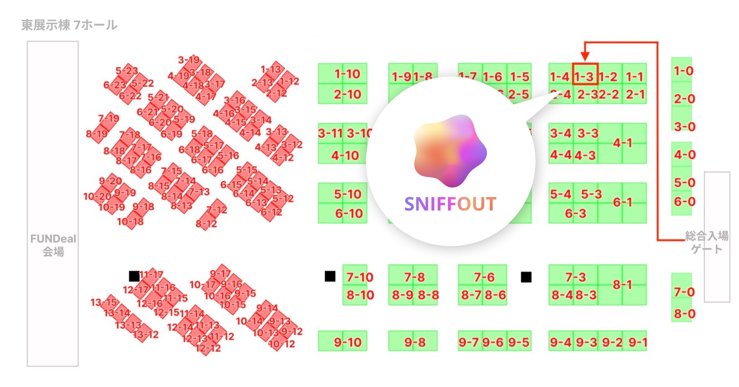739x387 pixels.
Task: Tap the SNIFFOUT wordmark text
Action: [x=450, y=204]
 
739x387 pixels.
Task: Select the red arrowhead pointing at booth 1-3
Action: [x=585, y=56]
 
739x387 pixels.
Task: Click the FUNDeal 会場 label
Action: [x=53, y=245]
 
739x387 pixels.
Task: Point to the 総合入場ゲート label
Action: [x=707, y=243]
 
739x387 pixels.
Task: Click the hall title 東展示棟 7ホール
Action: [x=69, y=25]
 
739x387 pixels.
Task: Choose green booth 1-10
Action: [x=347, y=74]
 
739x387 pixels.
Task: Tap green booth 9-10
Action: [x=348, y=342]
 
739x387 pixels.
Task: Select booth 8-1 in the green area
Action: [x=622, y=285]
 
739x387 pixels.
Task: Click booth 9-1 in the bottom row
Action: [x=637, y=342]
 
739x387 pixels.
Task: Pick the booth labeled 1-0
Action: [x=683, y=71]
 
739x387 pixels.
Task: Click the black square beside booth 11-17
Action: [x=134, y=276]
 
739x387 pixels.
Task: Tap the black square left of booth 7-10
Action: [x=330, y=276]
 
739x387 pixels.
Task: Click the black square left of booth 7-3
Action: [x=526, y=277]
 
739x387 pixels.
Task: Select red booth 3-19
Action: [x=189, y=60]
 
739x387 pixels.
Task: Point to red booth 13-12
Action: [x=146, y=334]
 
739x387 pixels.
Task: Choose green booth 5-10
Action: [x=348, y=194]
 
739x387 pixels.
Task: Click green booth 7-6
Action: [x=484, y=277]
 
